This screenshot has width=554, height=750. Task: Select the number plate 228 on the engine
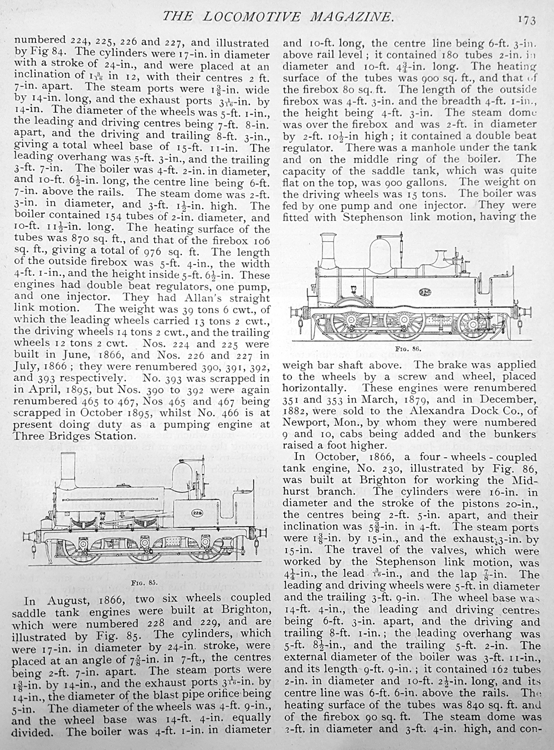click(x=196, y=512)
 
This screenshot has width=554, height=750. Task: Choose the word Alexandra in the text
click(x=403, y=410)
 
